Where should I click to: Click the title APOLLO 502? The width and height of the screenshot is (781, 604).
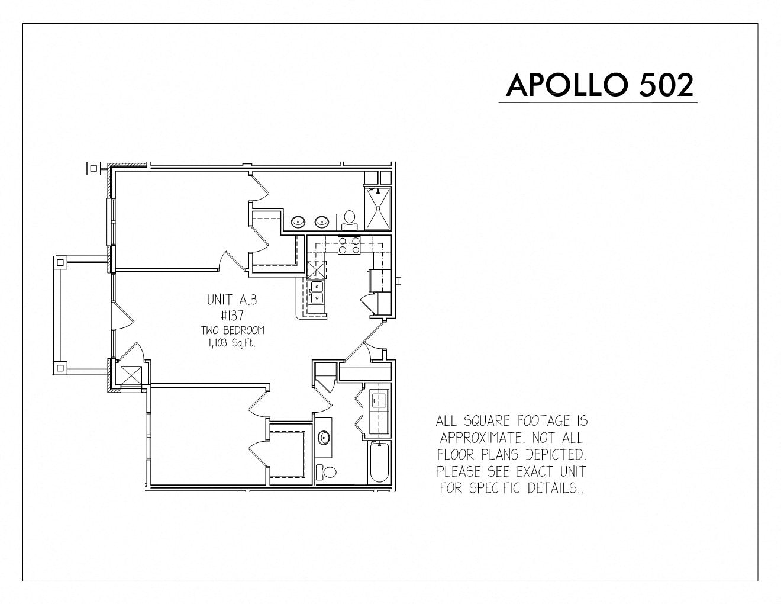point(599,85)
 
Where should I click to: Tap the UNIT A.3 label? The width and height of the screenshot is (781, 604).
point(232,300)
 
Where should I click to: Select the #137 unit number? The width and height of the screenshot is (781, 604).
point(232,316)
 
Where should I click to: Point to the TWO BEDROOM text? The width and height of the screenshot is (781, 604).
point(232,330)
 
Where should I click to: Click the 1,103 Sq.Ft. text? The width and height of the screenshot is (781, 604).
point(231,343)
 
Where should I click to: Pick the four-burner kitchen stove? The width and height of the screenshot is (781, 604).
point(348,245)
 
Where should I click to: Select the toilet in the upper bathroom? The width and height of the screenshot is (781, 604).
point(349,220)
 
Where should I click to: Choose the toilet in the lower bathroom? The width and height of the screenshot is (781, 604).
point(325,471)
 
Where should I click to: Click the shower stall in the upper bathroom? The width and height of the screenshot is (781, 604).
point(377,208)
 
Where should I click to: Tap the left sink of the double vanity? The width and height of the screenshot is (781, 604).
point(298,222)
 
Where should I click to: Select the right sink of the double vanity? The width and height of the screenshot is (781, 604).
point(322,222)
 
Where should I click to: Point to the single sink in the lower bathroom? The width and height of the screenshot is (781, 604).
point(324,438)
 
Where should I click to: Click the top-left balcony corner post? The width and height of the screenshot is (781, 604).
point(60,263)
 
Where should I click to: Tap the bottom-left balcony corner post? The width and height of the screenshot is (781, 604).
point(60,368)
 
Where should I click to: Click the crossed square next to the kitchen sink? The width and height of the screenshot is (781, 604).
point(317,270)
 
